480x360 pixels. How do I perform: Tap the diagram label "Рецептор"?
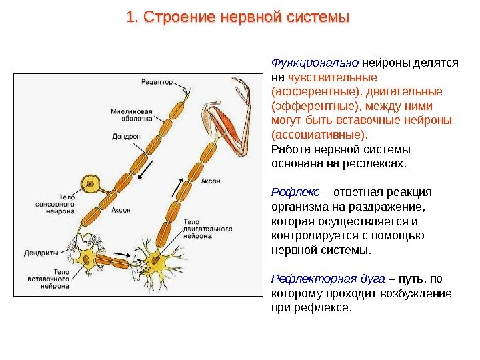157,83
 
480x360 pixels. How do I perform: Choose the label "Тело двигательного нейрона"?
207,228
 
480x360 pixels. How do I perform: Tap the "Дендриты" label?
41,253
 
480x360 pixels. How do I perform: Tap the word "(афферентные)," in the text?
307,91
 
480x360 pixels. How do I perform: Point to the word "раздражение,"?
387,207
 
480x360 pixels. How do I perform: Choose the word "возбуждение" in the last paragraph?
421,293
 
